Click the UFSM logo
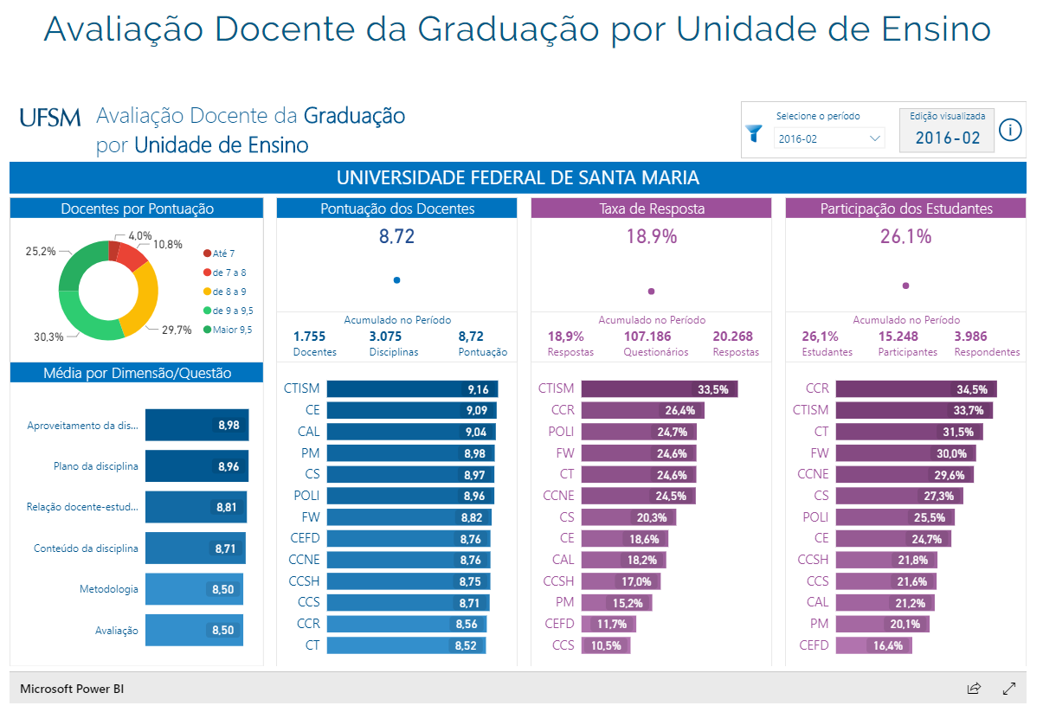coord(49,118)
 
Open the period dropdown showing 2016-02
coord(829,138)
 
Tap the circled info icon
coord(1010,131)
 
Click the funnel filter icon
coord(754,133)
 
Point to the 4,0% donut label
coord(139,235)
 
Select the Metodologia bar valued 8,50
coord(194,589)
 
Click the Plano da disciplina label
coord(95,466)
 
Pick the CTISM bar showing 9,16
coord(411,389)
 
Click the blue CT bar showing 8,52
coord(406,645)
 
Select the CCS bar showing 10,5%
coord(606,645)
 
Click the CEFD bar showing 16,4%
coord(873,645)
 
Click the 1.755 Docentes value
coord(310,337)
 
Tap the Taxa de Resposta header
coord(651,208)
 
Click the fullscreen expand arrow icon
coord(1008,689)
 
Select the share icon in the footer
coord(974,689)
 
